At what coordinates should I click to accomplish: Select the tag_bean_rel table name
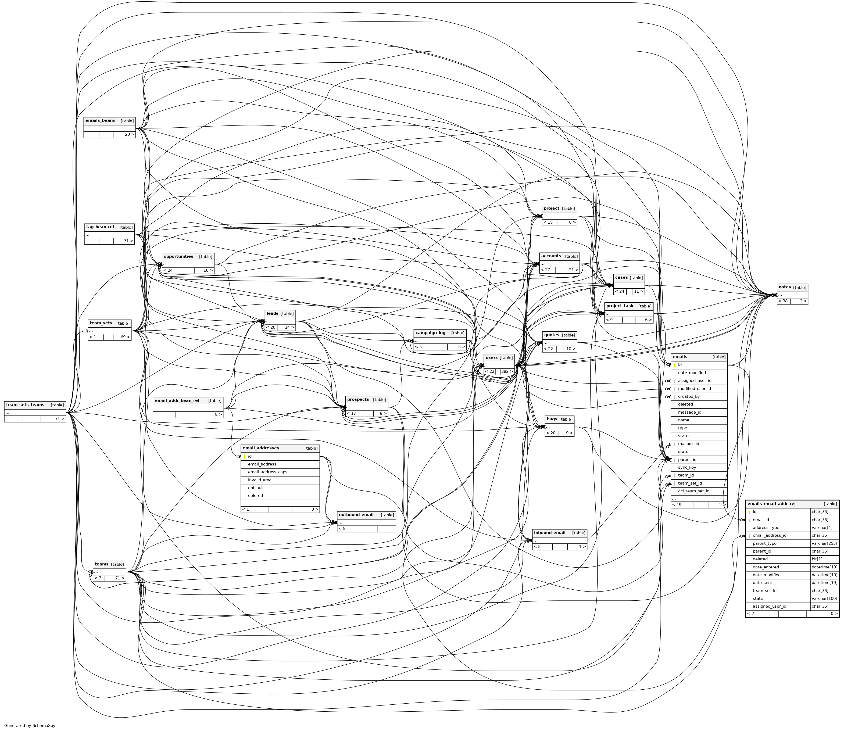coord(100,227)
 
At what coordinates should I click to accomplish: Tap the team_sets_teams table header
coord(25,405)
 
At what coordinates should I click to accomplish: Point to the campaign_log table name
coord(430,333)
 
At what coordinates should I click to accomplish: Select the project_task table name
coord(620,306)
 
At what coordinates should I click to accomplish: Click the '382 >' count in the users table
coord(507,372)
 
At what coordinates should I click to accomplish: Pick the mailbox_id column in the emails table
coord(689,444)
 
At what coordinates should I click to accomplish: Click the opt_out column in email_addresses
coord(255,488)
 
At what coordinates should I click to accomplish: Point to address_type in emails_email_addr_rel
coord(766,528)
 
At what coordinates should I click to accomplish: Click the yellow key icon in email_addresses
coord(244,456)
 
